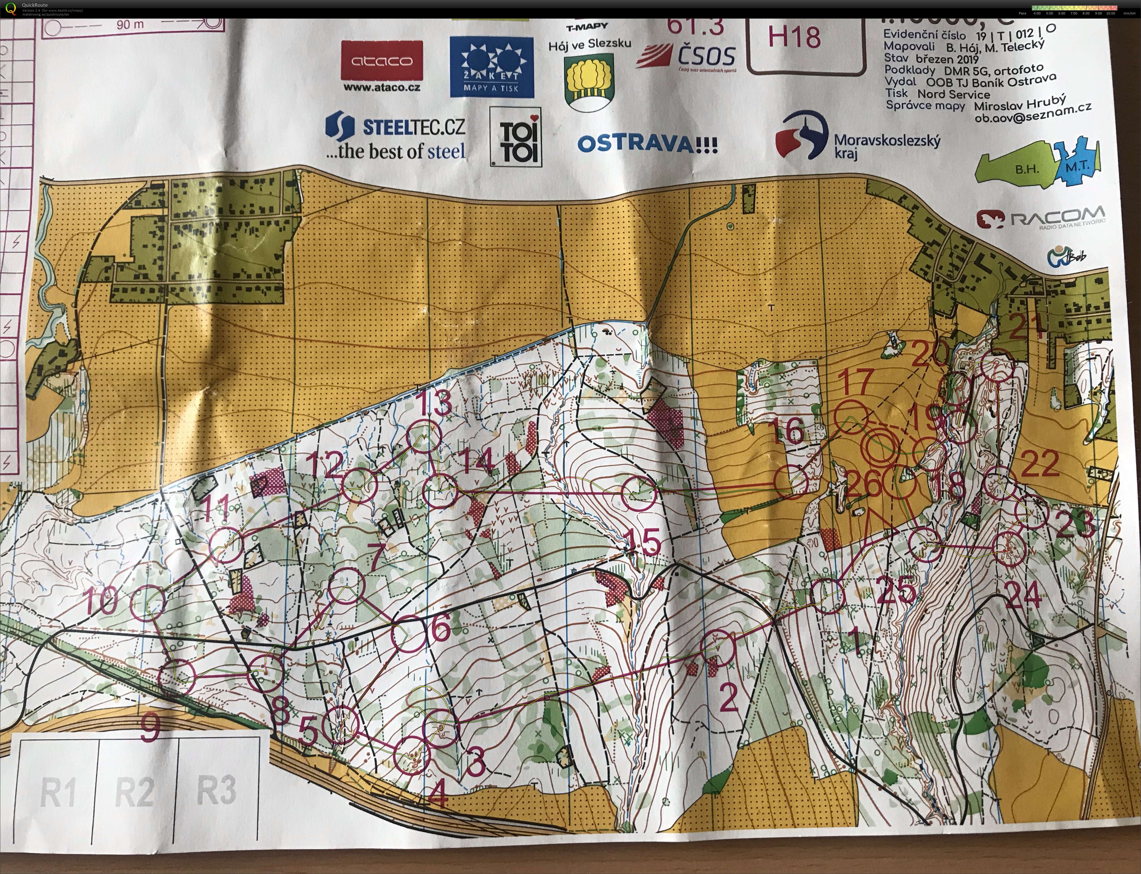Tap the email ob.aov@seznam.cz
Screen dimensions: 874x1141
click(1033, 112)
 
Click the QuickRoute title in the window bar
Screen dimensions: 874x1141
click(34, 5)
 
